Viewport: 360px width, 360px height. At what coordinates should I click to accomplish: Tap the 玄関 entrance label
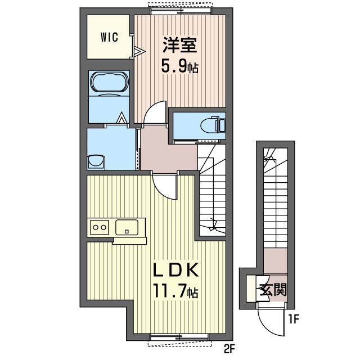[273, 290]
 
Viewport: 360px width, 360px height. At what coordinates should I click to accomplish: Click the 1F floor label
[294, 321]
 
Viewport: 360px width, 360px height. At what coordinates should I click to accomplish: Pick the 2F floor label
[228, 350]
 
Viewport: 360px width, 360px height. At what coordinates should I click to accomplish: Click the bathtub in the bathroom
[109, 82]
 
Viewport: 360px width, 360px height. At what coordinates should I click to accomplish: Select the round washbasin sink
[96, 162]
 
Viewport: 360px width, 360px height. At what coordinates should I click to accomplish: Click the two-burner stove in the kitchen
[100, 227]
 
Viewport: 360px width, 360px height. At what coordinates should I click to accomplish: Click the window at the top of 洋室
[181, 8]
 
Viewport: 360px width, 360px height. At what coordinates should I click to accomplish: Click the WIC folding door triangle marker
[138, 52]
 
